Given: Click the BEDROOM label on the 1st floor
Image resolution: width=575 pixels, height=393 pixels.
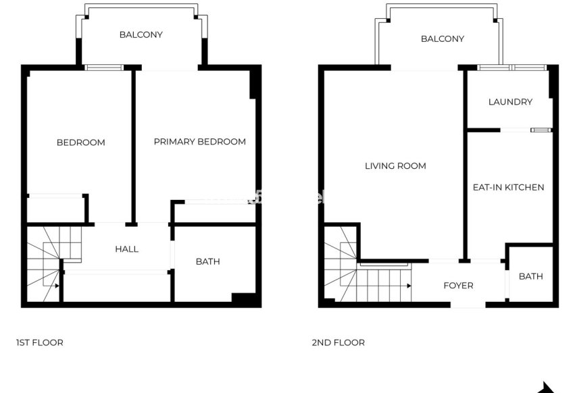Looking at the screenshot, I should (x=80, y=142).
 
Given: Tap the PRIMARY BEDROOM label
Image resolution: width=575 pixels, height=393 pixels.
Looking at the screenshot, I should (x=199, y=142).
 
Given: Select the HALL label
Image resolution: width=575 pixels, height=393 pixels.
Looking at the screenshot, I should (x=126, y=249).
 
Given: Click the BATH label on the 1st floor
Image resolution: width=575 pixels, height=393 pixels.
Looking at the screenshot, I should (x=207, y=262).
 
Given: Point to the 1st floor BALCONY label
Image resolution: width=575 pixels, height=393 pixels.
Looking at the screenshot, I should (x=141, y=34).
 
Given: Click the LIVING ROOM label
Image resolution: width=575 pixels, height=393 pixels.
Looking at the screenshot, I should (x=395, y=166).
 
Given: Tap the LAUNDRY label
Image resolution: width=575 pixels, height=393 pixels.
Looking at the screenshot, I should (x=510, y=102).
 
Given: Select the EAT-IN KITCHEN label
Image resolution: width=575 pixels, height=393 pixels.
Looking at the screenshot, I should (x=508, y=187).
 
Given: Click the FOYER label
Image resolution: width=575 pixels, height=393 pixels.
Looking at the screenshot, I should (x=458, y=286).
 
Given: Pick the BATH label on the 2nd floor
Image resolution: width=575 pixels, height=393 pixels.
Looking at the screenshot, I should (x=530, y=276).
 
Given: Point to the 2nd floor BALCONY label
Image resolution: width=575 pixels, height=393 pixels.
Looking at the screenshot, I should (x=442, y=39).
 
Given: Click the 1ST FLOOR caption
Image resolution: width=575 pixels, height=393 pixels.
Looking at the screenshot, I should (x=39, y=343).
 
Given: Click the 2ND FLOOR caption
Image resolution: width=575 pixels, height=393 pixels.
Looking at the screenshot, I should (x=338, y=343).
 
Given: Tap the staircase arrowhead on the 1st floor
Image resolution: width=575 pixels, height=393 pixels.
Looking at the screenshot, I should (x=57, y=286).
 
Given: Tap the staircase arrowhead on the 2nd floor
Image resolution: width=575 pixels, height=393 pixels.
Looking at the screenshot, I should (x=409, y=286).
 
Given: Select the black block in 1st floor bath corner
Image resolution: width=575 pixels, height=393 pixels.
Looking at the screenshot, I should (x=243, y=298).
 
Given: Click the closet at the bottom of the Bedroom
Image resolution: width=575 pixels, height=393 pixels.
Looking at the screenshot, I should (x=55, y=209).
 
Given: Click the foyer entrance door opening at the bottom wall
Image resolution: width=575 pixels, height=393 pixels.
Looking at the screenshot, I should (x=468, y=305).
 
